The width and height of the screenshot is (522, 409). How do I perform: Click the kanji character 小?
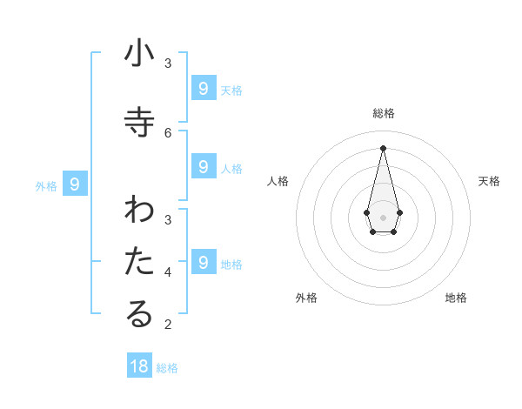click(x=139, y=54)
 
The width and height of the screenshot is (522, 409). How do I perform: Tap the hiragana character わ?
click(x=139, y=211)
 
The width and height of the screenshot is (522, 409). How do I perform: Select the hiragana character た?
click(x=139, y=262)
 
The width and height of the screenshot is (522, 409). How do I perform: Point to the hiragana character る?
click(x=139, y=315)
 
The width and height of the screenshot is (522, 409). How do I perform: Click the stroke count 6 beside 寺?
click(x=168, y=132)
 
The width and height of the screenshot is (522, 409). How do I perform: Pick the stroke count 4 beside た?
click(x=168, y=272)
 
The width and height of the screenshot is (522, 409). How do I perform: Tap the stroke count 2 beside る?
click(x=168, y=325)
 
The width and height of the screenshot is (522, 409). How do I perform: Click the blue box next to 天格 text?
click(x=203, y=88)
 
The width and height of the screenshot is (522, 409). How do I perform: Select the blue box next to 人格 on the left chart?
click(x=203, y=166)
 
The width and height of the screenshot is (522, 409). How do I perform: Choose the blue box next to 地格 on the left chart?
click(x=203, y=262)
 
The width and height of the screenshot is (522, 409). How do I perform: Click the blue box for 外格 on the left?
click(x=75, y=184)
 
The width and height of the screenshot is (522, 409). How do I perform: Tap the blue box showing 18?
click(x=139, y=366)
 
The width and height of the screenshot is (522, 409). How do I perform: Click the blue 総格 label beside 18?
click(x=167, y=368)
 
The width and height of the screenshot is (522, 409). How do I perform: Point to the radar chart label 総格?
click(x=384, y=113)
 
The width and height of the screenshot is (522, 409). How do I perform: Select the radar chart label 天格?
click(x=489, y=181)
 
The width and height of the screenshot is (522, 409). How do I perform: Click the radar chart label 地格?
click(x=456, y=298)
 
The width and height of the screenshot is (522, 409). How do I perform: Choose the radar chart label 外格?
click(x=306, y=298)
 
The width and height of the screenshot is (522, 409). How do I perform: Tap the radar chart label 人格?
click(x=278, y=181)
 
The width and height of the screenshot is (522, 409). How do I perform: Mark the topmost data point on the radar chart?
click(x=383, y=147)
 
